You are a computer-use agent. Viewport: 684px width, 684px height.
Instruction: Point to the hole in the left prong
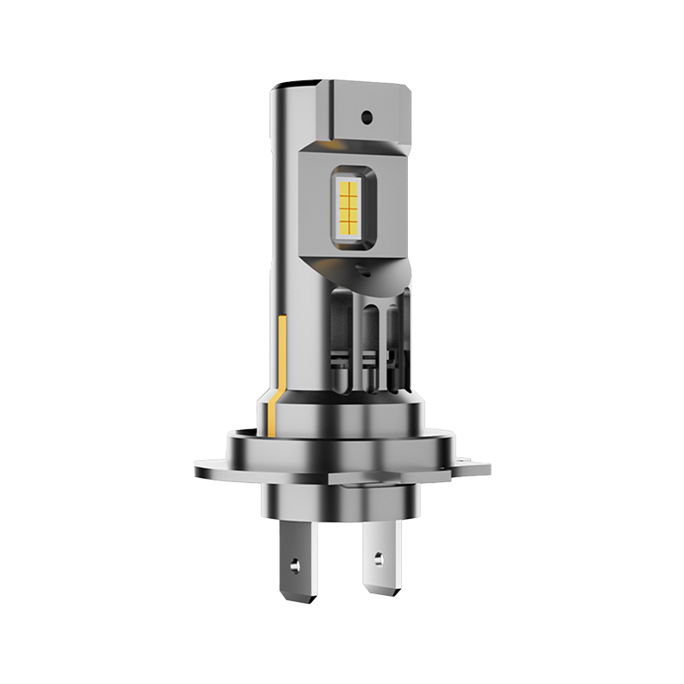pyautogui.click(x=296, y=566)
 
